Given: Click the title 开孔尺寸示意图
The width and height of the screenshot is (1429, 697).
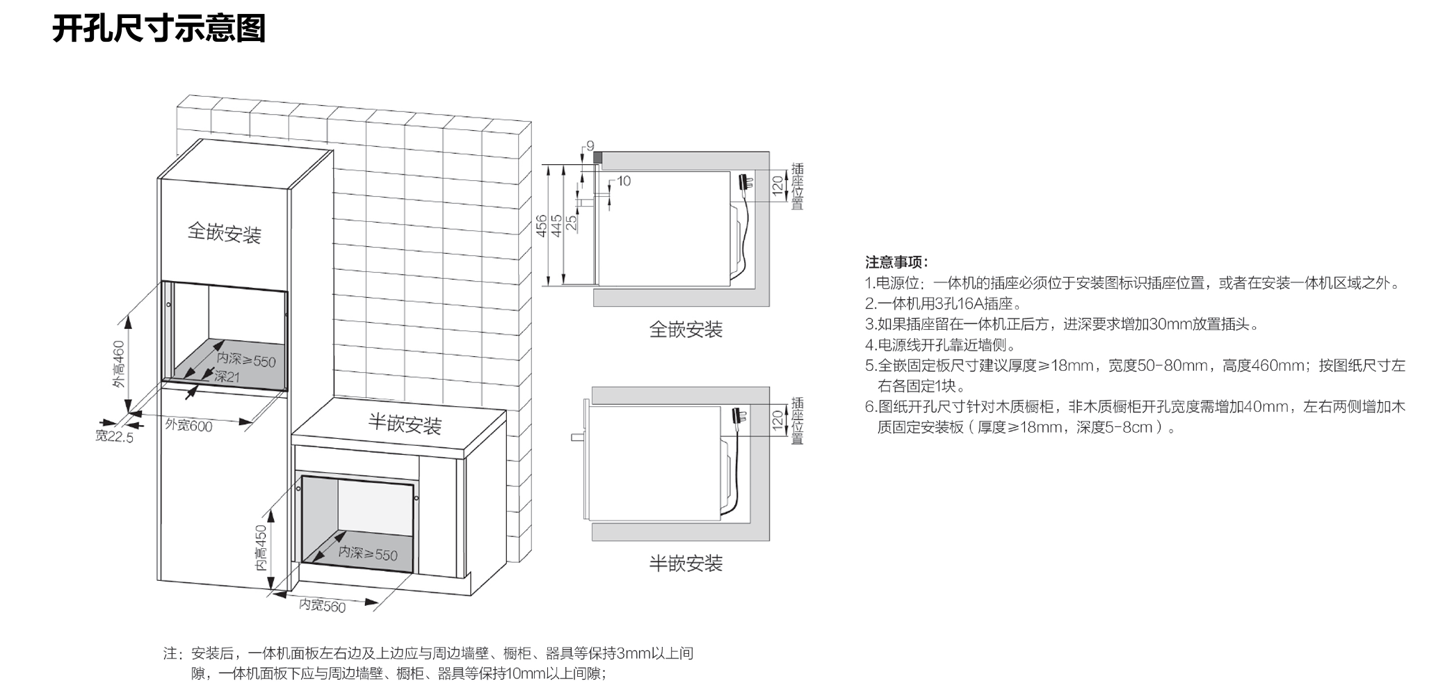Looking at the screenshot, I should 159,29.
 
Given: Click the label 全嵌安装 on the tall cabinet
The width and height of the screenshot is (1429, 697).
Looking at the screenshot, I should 224,232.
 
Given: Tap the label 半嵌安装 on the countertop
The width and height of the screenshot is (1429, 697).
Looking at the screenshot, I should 405,424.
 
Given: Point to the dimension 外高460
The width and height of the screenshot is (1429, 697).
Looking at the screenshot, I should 119,364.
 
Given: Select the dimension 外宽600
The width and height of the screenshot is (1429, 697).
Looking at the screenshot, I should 188,425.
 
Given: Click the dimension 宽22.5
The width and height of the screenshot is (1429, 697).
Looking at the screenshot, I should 114,437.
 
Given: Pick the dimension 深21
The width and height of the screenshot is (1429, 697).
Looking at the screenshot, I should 227,377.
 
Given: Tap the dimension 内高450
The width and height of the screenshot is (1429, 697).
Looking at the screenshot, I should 261,547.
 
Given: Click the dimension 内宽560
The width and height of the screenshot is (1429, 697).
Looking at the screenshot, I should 322,606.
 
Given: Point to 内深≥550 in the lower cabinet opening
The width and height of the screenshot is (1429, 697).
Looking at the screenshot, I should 368,554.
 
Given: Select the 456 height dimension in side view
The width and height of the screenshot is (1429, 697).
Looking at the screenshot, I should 541,226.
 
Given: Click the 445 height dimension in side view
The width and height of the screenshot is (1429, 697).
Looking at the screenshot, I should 556,226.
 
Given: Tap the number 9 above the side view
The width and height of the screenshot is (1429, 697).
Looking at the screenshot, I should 590,146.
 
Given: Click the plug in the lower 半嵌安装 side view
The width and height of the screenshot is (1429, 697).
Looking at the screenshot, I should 738,419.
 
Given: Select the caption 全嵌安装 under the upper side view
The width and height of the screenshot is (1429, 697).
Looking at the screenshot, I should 686,329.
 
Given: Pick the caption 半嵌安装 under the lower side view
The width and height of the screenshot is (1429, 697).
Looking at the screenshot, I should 686,563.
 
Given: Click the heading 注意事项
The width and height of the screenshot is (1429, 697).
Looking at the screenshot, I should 896,262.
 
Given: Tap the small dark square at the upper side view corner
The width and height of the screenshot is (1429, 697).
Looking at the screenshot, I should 597,158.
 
